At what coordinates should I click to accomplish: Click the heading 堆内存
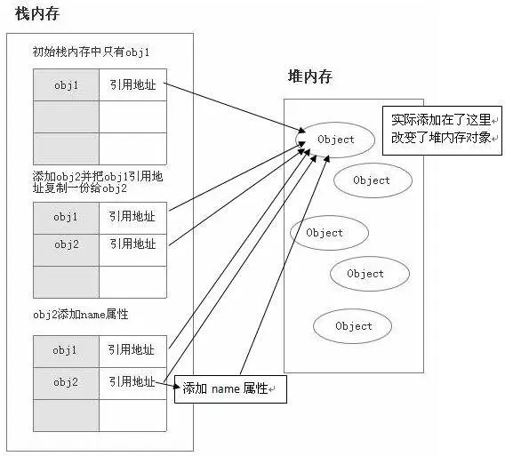click(x=310, y=79)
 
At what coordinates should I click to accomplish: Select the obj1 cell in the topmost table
click(x=66, y=85)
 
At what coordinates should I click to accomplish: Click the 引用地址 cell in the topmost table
click(x=132, y=85)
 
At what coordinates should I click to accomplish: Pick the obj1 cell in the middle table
click(x=66, y=217)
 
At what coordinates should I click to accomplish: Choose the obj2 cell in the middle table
click(x=66, y=244)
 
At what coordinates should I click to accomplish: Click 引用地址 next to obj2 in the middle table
click(x=132, y=244)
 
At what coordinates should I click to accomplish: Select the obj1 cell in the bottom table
click(x=66, y=350)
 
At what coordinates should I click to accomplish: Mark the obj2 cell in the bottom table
click(x=66, y=382)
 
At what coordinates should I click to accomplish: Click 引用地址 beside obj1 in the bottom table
click(x=132, y=350)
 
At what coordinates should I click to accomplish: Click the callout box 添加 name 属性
click(x=230, y=389)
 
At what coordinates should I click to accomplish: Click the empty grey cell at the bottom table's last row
click(x=66, y=414)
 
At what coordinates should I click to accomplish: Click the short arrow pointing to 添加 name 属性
click(x=170, y=385)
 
